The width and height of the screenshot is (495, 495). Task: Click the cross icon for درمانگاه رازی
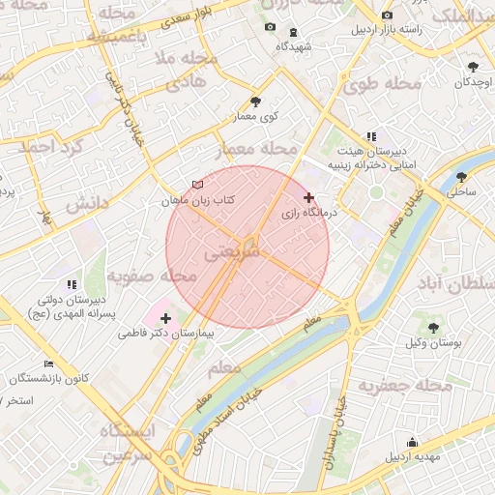click(x=309, y=197)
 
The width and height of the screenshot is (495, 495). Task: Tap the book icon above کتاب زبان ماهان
click(x=198, y=185)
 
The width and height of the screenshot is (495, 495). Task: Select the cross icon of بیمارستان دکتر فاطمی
click(x=165, y=318)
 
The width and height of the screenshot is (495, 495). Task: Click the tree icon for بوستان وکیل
click(x=432, y=329)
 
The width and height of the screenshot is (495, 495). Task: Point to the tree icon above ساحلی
click(x=461, y=177)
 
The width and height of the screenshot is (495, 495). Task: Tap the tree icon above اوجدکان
click(x=473, y=67)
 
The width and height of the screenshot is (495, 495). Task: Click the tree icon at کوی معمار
click(x=255, y=102)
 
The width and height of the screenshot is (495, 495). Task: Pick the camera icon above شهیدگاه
click(x=269, y=29)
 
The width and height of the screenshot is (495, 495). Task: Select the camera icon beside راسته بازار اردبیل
click(x=388, y=15)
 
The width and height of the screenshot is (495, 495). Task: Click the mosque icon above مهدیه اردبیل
click(x=414, y=442)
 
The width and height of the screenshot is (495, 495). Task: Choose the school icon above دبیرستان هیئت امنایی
click(x=371, y=136)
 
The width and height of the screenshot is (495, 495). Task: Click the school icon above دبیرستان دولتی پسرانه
click(x=71, y=285)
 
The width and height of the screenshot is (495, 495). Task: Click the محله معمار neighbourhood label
click(x=264, y=148)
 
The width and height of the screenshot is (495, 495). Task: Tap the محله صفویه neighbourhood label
click(x=152, y=277)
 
